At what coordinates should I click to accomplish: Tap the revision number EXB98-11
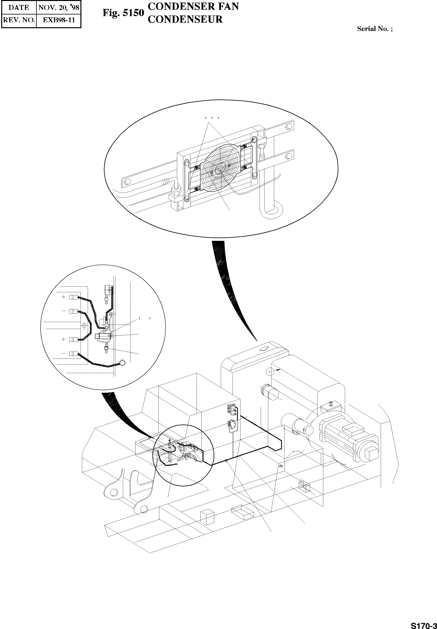point(59,20)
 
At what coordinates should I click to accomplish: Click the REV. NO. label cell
point(19,20)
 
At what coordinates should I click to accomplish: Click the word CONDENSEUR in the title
point(185,19)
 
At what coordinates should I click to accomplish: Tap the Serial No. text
point(374,29)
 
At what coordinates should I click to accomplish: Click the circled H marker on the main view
point(270,372)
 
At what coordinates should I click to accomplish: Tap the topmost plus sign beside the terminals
point(64,297)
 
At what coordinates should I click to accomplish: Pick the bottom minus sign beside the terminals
point(64,353)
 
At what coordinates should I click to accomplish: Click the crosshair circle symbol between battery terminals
point(84,325)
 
